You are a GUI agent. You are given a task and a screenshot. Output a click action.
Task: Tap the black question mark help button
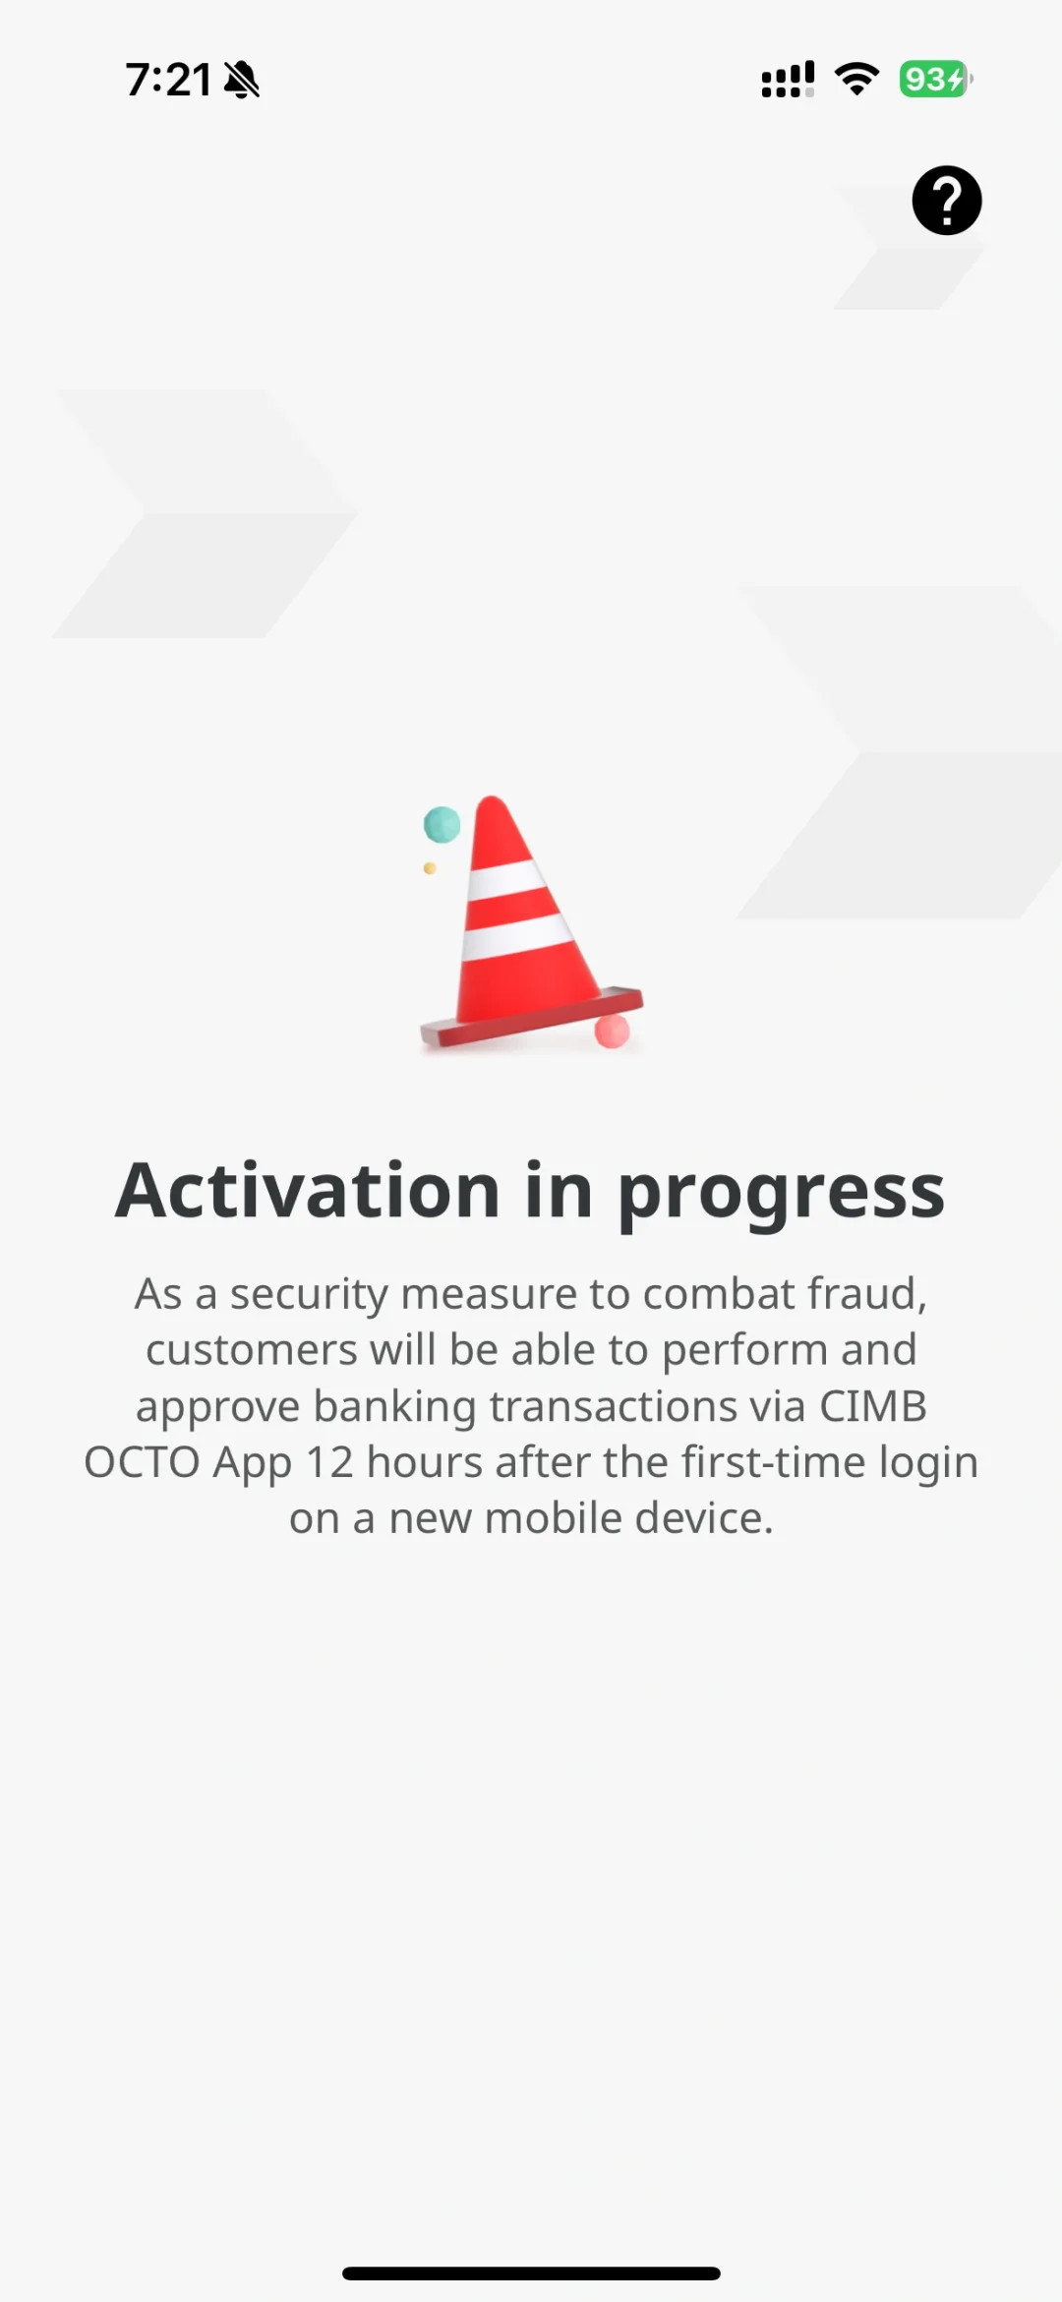point(946,201)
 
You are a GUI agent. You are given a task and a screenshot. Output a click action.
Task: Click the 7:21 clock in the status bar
point(168,80)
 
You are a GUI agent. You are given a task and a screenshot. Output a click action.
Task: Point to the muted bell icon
point(242,80)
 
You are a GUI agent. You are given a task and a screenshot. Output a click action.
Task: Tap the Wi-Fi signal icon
point(856,79)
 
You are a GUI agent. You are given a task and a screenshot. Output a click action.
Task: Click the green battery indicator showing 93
point(934,79)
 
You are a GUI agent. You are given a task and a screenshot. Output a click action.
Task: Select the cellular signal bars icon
point(788,80)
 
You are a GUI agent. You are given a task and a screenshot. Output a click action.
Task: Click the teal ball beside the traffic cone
point(442,824)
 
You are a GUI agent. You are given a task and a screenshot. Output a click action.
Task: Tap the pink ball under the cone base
point(612,1032)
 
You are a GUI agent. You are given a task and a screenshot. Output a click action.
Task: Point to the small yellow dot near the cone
point(430,868)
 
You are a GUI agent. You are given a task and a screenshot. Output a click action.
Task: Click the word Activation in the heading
point(307,1191)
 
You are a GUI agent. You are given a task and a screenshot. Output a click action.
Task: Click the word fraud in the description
point(865,1294)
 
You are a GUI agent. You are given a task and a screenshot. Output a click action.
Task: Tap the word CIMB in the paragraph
point(873,1406)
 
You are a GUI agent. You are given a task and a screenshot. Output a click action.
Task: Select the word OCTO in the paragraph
point(143,1462)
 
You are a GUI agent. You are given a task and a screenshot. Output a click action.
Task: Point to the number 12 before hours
point(329,1462)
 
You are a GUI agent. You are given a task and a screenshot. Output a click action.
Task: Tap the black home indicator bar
point(531,2272)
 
